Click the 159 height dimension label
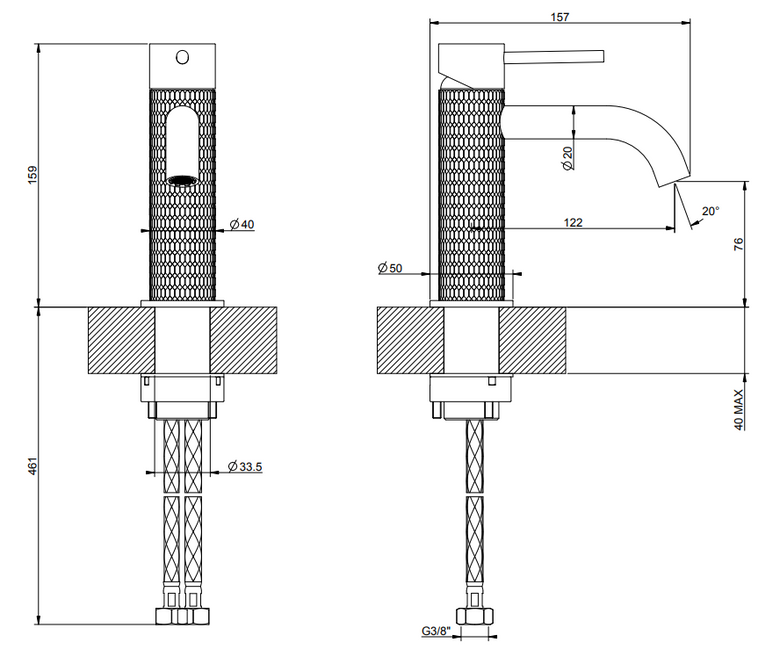pyautogui.click(x=32, y=175)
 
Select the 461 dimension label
pyautogui.click(x=32, y=465)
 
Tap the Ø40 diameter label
pyautogui.click(x=242, y=224)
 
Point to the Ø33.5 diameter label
pyautogui.click(x=245, y=467)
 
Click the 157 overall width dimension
pyautogui.click(x=560, y=17)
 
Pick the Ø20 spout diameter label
pyautogui.click(x=568, y=158)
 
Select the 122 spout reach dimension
pyautogui.click(x=573, y=222)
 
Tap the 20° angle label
pyautogui.click(x=711, y=211)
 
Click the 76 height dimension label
pyautogui.click(x=739, y=244)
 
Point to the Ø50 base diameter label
pyautogui.click(x=390, y=268)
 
